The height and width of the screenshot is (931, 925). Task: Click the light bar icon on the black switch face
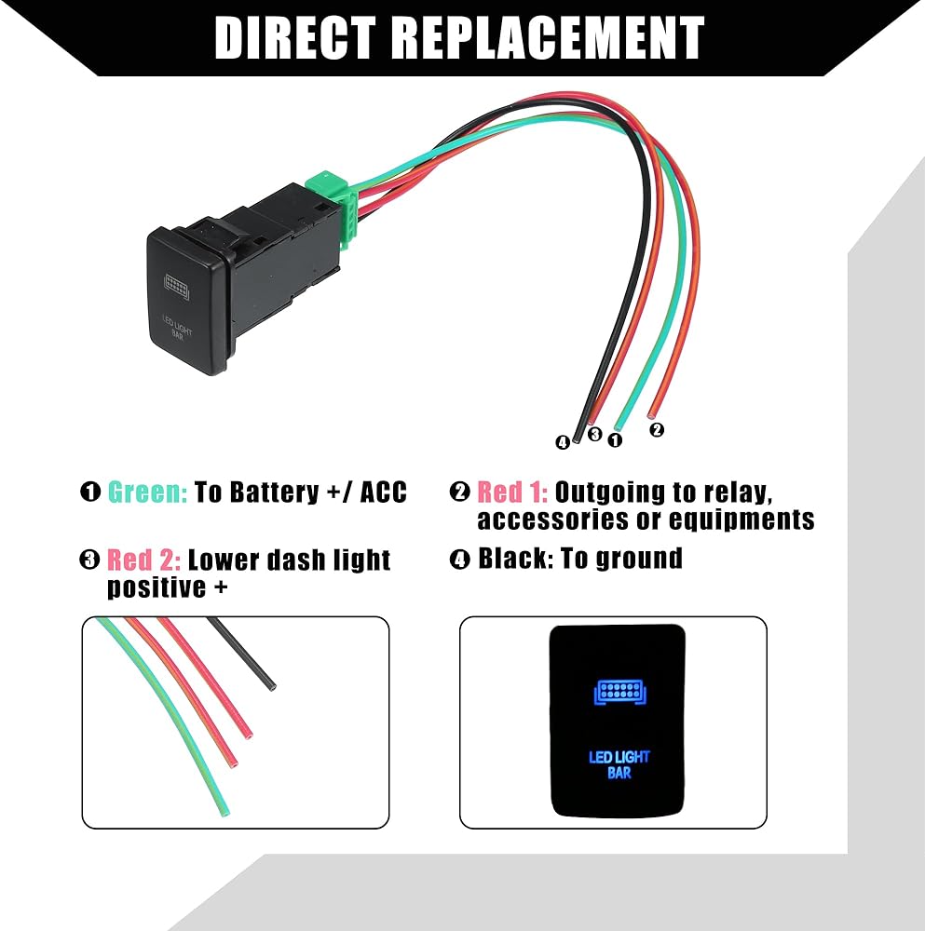[x=175, y=280]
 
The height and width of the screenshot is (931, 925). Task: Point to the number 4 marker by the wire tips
[x=562, y=443]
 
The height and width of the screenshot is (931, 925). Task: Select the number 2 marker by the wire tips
[x=657, y=429]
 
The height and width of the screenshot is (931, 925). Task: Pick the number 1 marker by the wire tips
[x=615, y=440]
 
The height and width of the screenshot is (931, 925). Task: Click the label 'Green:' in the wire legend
[x=147, y=492]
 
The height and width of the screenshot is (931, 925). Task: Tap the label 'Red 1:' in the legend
[x=511, y=492]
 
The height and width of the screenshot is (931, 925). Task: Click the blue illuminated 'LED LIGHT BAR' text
[x=619, y=763]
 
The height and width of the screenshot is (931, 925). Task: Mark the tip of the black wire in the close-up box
[x=273, y=687]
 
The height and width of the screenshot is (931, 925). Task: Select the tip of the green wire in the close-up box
[x=223, y=812]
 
